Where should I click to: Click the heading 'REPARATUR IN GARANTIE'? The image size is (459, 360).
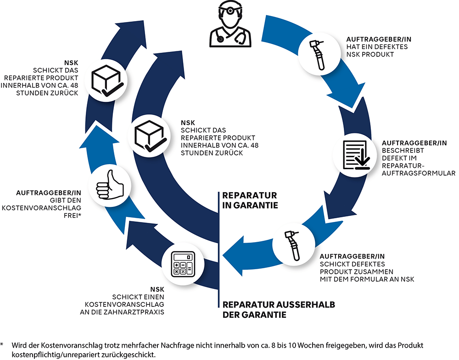click(x=250, y=200)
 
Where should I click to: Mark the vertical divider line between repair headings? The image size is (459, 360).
click(x=219, y=248)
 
